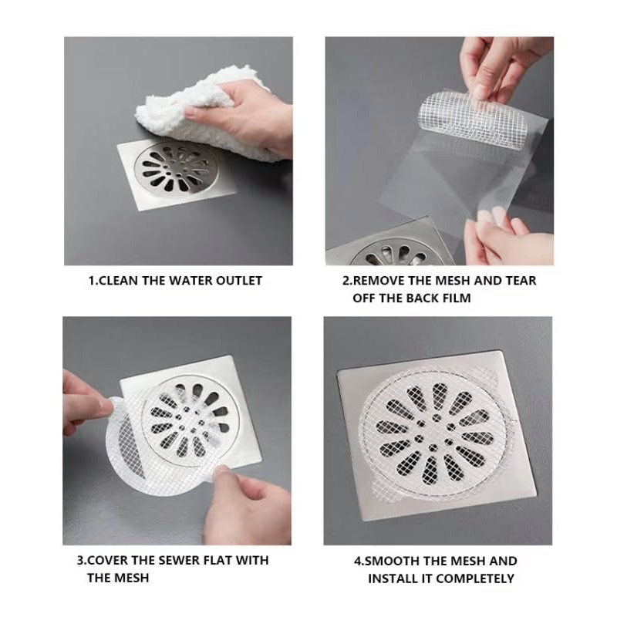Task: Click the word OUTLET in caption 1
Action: pos(238,281)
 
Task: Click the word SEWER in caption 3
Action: pos(177,561)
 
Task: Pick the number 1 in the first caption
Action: pos(92,281)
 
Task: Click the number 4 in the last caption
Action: pos(357,561)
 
